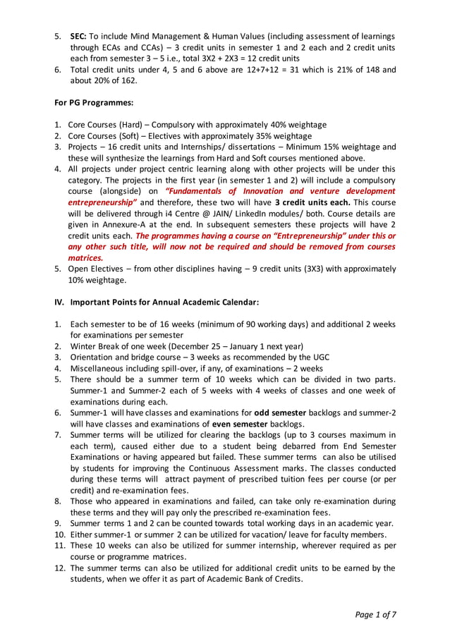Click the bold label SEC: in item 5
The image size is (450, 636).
[78, 36]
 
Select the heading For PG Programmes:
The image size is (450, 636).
[95, 103]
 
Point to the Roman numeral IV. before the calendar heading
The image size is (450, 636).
[60, 302]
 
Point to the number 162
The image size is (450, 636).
[126, 80]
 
